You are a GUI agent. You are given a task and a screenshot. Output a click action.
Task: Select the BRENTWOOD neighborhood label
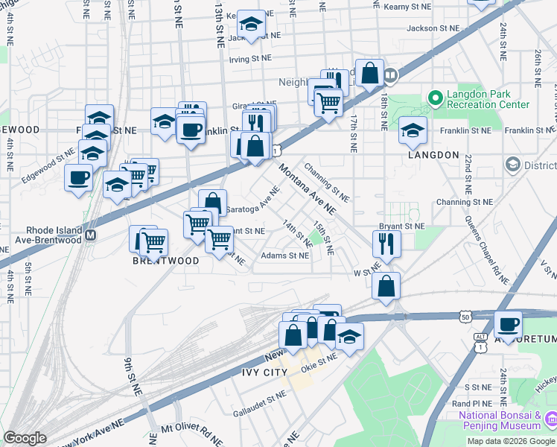click(166, 261)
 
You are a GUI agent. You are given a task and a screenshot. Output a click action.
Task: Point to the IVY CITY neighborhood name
click(264, 372)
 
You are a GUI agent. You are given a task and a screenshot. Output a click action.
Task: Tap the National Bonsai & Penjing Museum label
click(500, 420)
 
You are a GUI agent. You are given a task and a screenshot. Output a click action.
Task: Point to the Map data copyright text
click(512, 441)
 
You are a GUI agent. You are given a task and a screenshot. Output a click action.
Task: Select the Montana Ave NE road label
click(308, 190)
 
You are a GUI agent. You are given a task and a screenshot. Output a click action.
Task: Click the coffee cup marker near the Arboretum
click(509, 325)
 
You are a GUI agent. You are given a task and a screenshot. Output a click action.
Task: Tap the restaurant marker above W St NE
click(386, 243)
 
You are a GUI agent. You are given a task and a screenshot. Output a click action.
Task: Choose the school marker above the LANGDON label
click(413, 130)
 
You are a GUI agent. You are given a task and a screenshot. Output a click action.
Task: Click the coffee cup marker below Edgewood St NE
click(78, 178)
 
